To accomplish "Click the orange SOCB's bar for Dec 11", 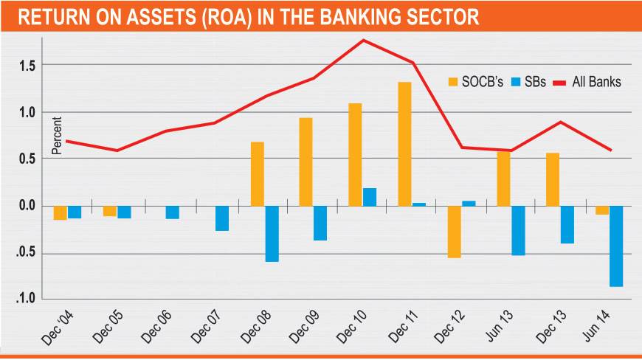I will point(404,143).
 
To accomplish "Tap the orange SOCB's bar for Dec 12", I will point(454,232).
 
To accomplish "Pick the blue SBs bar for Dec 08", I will point(272,233).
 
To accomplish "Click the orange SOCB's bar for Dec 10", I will point(355,154).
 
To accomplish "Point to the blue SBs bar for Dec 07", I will point(222,218).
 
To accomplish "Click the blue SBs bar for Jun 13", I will point(518,230).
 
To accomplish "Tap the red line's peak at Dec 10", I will point(364,40).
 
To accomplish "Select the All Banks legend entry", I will point(590,82).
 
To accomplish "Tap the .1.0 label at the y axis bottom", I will point(28,300).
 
